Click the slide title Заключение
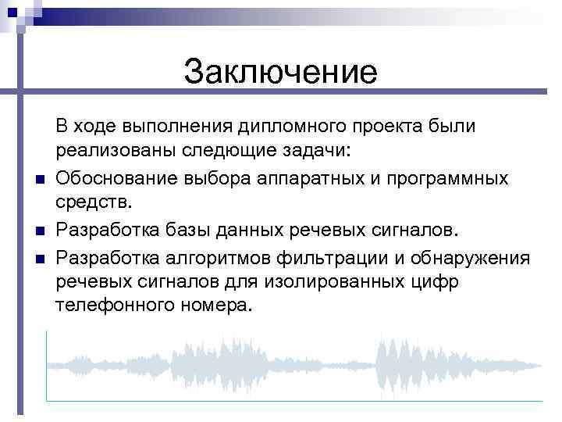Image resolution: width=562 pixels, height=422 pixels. coord(280,73)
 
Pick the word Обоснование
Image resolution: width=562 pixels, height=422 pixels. coord(116,178)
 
